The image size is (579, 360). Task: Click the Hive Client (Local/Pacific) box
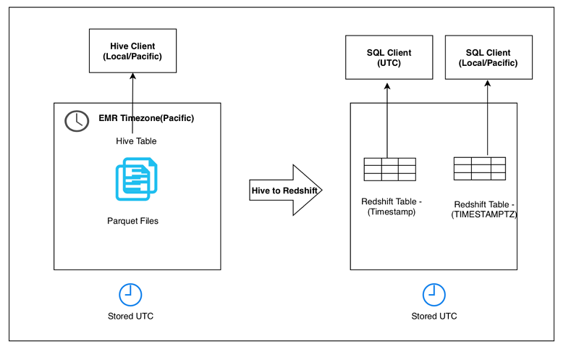pos(132,51)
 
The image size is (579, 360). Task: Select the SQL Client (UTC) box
pos(388,57)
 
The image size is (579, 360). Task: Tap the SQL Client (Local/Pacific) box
pos(487,57)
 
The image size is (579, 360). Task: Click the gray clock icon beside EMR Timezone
pos(77,121)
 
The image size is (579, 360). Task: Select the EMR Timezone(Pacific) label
pos(146,118)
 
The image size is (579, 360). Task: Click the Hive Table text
pos(136,141)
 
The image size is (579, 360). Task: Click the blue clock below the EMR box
pos(130,294)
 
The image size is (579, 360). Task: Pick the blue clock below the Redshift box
pos(434,294)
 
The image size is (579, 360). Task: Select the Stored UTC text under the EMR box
pos(130,316)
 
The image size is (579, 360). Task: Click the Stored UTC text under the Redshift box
pos(434,316)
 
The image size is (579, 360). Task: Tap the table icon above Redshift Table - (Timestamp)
pos(389,169)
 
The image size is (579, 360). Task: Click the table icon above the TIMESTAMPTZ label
pos(479,168)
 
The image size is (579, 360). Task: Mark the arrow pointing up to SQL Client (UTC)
pos(387,120)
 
